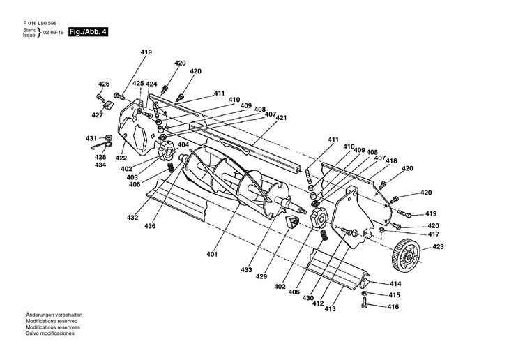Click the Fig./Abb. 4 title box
coord(88,33)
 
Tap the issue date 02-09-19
coord(52,33)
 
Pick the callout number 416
coord(394,306)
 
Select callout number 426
coord(104,84)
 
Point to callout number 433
coord(245,269)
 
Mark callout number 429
coord(261,277)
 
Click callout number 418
coord(392,160)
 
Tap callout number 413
coord(330,308)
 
